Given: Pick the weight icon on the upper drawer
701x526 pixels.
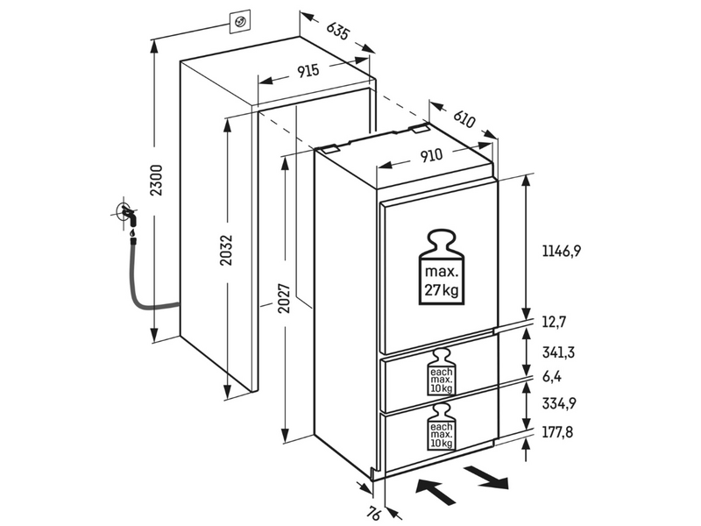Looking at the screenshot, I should [440, 373].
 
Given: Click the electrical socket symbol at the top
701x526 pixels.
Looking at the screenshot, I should [237, 19].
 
